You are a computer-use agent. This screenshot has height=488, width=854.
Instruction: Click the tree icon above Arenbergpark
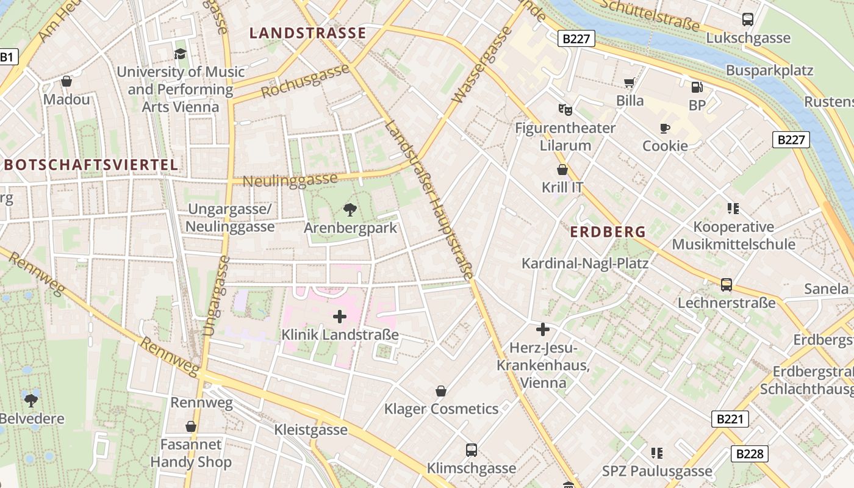[x=350, y=210]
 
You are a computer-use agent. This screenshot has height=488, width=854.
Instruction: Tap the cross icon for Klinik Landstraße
[x=340, y=317]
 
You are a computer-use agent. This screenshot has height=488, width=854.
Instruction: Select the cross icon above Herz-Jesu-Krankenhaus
[x=542, y=330]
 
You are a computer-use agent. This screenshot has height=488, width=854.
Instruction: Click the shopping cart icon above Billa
[x=629, y=82]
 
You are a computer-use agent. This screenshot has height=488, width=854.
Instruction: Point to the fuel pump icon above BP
[x=697, y=87]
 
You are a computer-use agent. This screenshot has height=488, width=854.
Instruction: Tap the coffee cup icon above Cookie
[x=665, y=128]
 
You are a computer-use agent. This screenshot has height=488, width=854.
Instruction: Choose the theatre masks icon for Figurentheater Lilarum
[x=565, y=110]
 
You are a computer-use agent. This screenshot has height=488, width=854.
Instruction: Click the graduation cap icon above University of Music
[x=180, y=54]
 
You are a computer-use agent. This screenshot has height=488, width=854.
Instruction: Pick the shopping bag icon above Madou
[x=66, y=81]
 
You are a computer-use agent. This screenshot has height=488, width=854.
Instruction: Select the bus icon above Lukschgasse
[x=748, y=20]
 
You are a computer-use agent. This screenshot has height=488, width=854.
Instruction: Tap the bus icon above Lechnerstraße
[x=727, y=284]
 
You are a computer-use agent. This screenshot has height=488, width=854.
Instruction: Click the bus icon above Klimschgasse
[x=472, y=450]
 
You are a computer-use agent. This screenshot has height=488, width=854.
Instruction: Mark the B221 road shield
[x=730, y=419]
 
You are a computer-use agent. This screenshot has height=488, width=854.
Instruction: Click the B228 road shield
[x=749, y=453]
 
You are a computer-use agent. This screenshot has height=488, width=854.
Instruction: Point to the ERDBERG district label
[x=608, y=232]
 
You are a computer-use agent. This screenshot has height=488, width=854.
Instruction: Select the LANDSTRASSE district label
[x=308, y=33]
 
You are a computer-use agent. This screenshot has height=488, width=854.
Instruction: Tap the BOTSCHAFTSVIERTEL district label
[x=91, y=165]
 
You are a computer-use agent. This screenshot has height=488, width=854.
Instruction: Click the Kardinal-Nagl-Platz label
[x=584, y=263]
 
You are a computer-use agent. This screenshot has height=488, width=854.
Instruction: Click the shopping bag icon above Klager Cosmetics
[x=441, y=391]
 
